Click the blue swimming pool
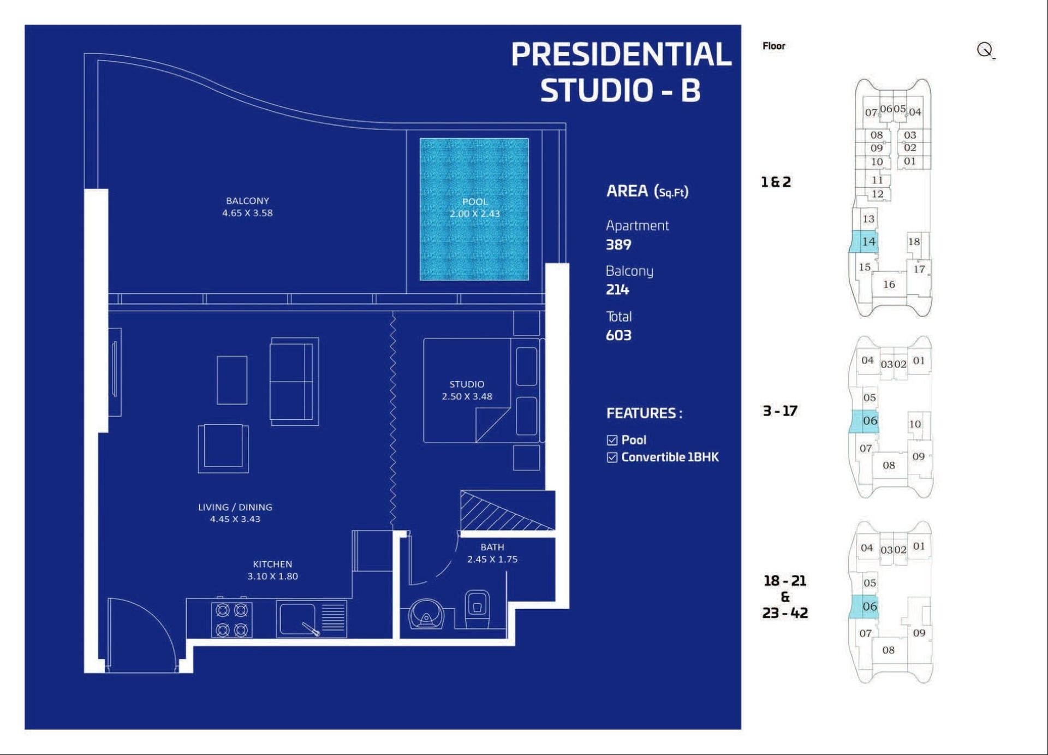tap(474, 209)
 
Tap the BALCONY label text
tap(247, 201)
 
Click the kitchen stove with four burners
tap(232, 620)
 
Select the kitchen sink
tap(297, 619)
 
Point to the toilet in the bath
tap(477, 609)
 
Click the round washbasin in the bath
tap(426, 615)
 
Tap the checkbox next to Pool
tap(612, 440)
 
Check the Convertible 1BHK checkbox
tap(612, 457)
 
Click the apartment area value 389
tap(618, 245)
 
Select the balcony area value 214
tap(617, 289)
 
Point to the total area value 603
tap(618, 335)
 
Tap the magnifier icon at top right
tap(985, 50)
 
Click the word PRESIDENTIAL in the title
tap(621, 54)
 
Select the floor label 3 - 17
tap(780, 411)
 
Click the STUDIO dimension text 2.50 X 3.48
tap(467, 396)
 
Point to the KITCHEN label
tap(272, 564)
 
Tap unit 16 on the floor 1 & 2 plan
tap(889, 284)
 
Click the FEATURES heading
tap(644, 413)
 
